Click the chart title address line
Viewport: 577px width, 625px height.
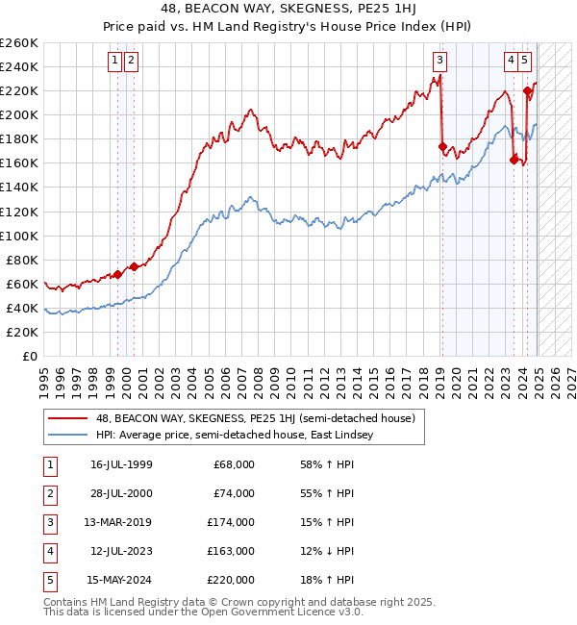(288, 11)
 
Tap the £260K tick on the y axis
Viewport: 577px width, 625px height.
(19, 43)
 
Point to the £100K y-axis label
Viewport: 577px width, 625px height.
(19, 236)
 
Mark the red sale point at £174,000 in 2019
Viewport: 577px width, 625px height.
(442, 147)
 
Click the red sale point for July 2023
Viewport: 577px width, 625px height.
(514, 160)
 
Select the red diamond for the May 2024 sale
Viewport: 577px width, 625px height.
(528, 91)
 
